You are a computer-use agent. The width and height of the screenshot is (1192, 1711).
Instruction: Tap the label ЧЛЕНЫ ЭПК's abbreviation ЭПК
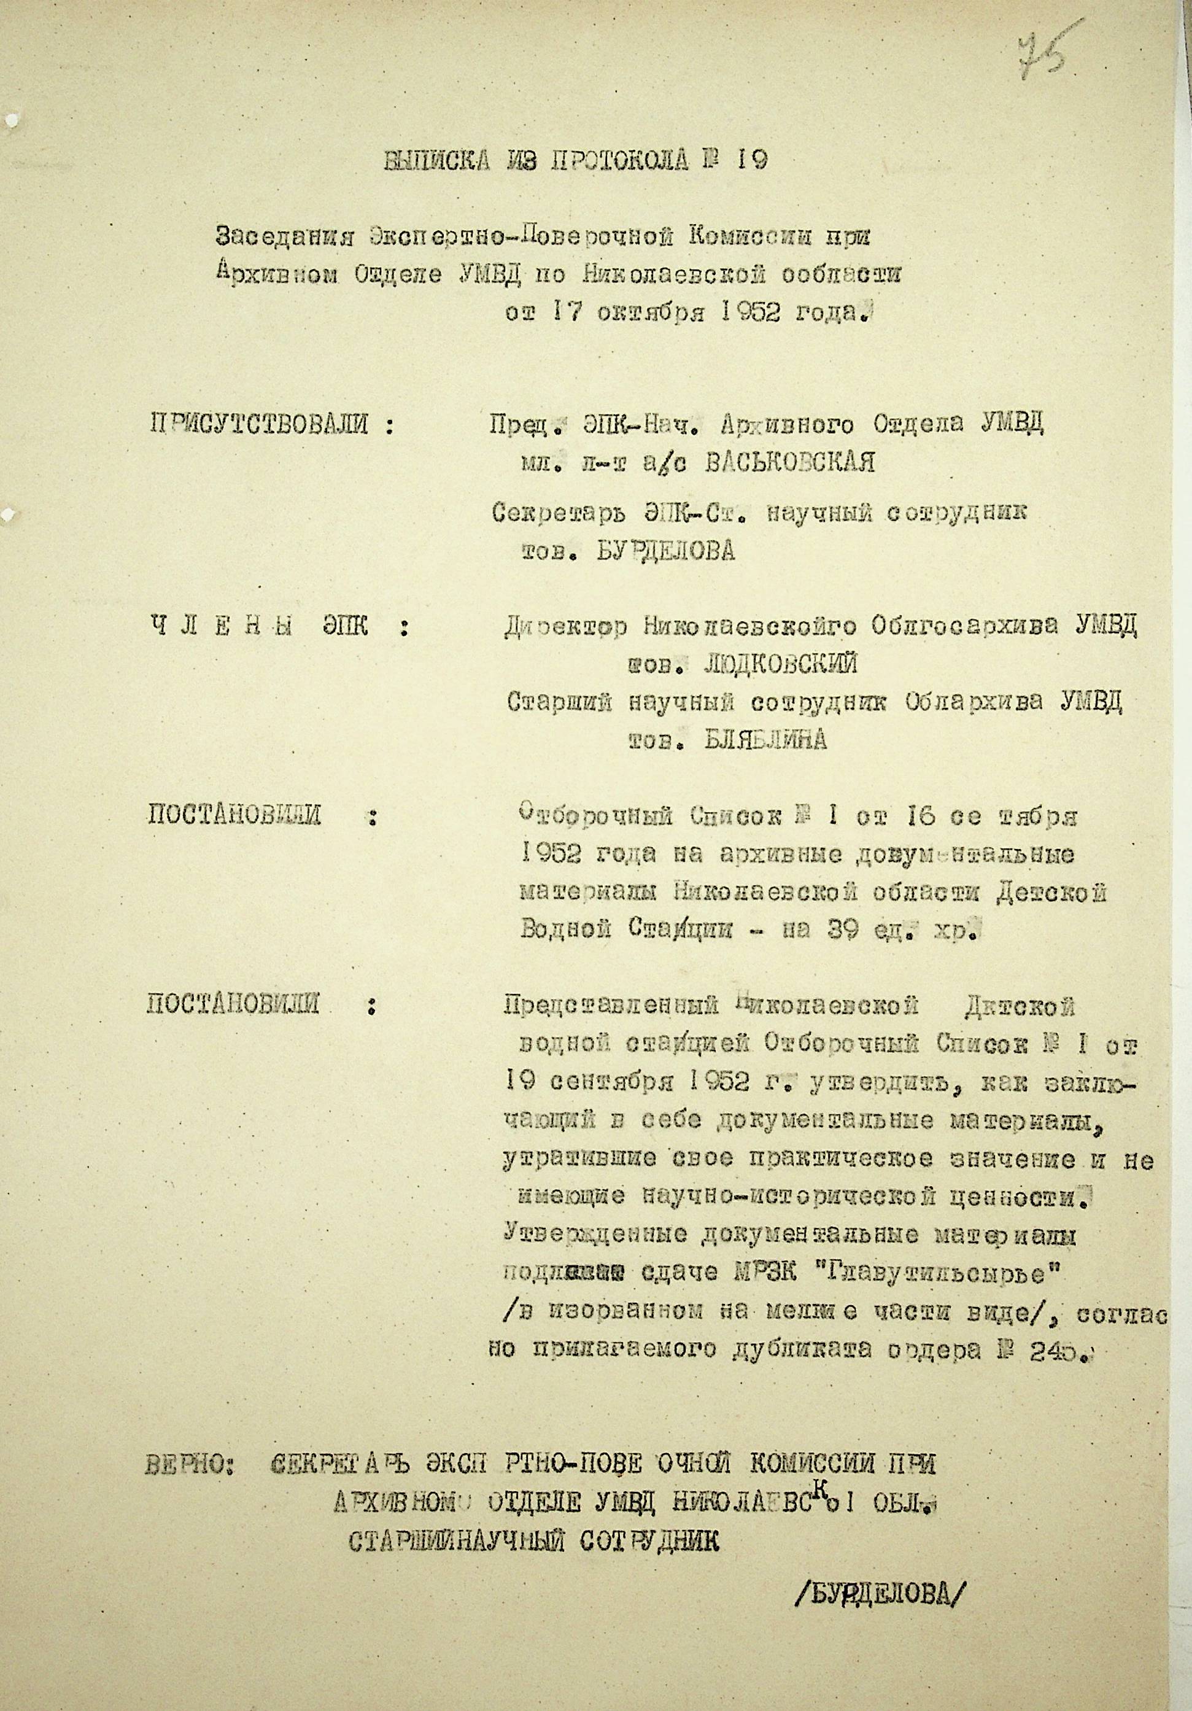coord(344,626)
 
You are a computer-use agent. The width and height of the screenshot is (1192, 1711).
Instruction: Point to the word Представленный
coord(611,1007)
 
